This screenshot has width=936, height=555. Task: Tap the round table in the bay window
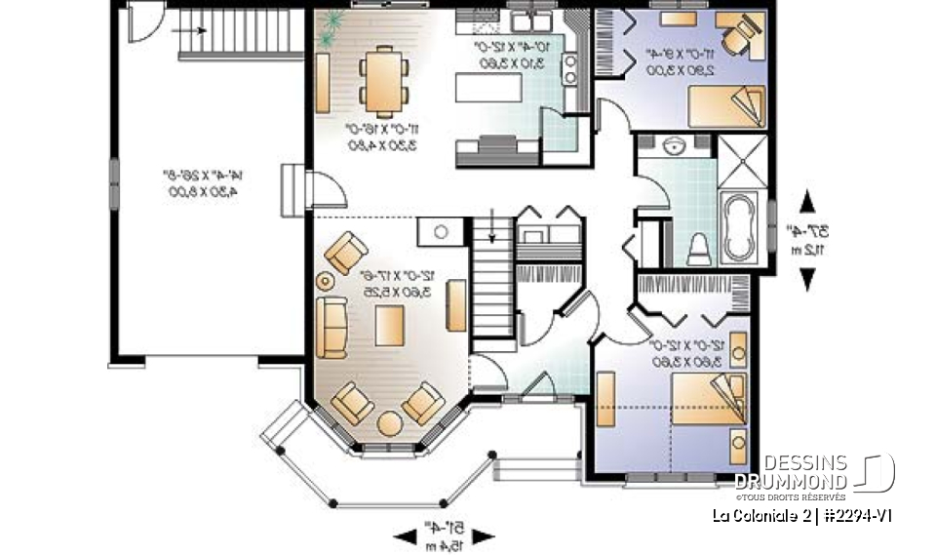(388, 424)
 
